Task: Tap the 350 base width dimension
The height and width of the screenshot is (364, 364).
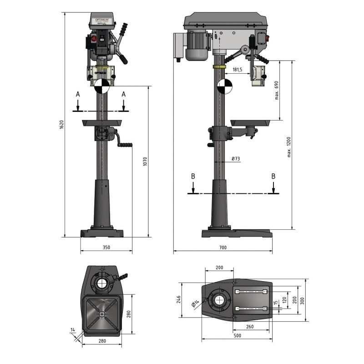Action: [106, 248]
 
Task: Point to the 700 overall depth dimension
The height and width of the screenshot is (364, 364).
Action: [222, 248]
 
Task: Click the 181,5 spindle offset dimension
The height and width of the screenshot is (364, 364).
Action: [237, 70]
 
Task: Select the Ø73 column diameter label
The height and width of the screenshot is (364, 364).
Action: [236, 158]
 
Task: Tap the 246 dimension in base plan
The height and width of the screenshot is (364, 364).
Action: [179, 299]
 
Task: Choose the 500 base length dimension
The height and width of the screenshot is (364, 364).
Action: [237, 335]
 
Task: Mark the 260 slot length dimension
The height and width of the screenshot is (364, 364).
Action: [249, 326]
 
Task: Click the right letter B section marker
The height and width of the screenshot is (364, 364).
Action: [273, 176]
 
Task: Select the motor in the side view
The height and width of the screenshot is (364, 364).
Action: [197, 45]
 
